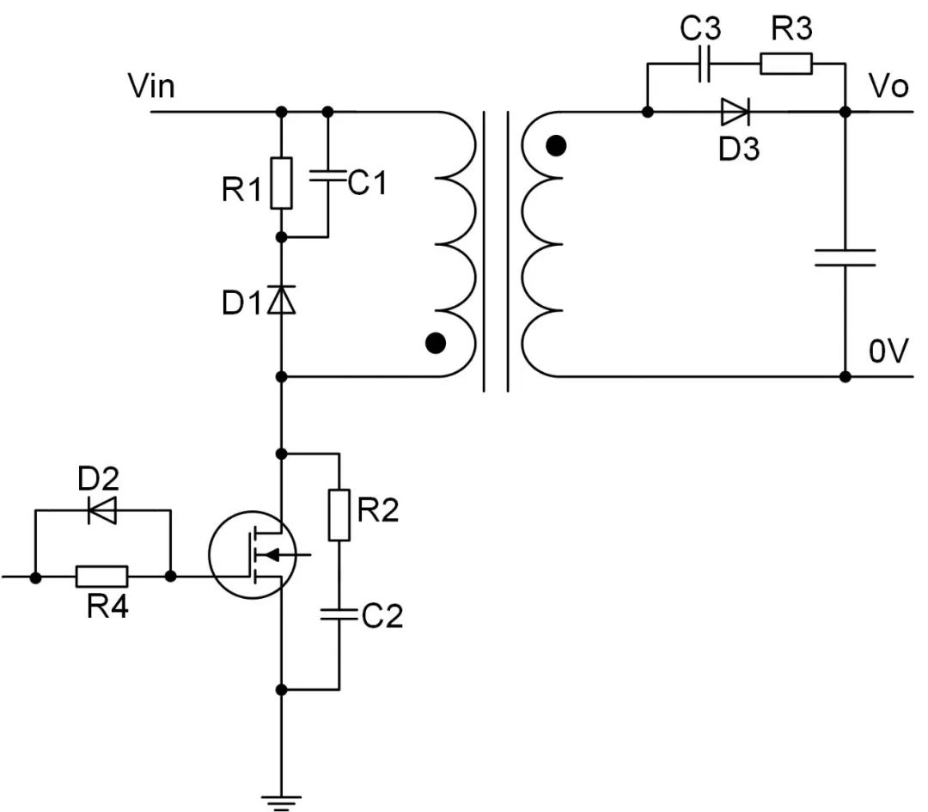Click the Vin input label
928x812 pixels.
pyautogui.click(x=151, y=86)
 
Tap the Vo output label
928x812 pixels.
pyautogui.click(x=888, y=86)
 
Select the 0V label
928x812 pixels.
pyautogui.click(x=888, y=352)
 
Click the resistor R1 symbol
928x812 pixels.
pyautogui.click(x=281, y=183)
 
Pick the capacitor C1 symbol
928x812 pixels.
pyautogui.click(x=327, y=176)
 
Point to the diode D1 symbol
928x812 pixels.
pyautogui.click(x=281, y=301)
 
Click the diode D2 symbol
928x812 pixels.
pyautogui.click(x=103, y=511)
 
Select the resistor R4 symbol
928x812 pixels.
pyautogui.click(x=102, y=577)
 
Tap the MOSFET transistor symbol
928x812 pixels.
pyautogui.click(x=252, y=554)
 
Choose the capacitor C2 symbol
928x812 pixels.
pyautogui.click(x=339, y=614)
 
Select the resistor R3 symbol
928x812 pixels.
pyautogui.click(x=785, y=64)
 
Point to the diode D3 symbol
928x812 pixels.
pyautogui.click(x=735, y=112)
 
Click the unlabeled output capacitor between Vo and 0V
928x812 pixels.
pyautogui.click(x=845, y=257)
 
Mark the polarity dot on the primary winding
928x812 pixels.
pyautogui.click(x=437, y=344)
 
